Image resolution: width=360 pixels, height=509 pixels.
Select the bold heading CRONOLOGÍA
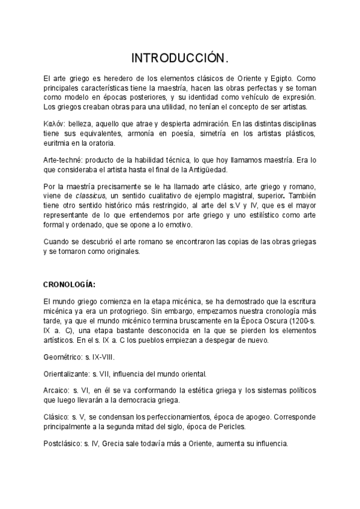[70, 284]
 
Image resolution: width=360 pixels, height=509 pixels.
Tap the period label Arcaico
[57, 390]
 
